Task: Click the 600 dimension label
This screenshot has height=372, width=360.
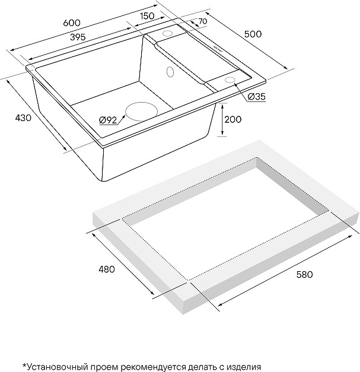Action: point(72,23)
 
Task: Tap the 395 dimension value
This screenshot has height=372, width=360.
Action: point(78,37)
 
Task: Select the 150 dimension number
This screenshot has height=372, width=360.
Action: point(147,16)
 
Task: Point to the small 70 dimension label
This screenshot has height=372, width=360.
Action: point(203,21)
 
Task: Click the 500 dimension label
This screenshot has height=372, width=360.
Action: point(253,34)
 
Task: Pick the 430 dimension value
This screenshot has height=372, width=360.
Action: point(23,117)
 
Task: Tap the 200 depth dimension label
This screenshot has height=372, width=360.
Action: point(232,119)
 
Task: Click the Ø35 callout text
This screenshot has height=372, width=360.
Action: point(256,97)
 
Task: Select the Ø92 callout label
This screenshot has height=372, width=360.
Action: point(108,120)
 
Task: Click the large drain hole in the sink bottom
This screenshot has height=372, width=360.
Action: point(141,112)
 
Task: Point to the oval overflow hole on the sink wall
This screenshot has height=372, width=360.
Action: point(170,72)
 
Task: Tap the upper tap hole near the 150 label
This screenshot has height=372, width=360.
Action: point(168,33)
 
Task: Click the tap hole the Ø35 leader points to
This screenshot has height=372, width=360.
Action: point(230,80)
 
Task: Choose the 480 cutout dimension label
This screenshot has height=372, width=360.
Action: point(107,269)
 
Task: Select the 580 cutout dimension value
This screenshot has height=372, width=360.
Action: point(304,274)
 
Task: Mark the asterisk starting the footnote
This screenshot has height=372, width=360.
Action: point(24,365)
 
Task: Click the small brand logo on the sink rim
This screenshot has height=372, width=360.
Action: point(217,47)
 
